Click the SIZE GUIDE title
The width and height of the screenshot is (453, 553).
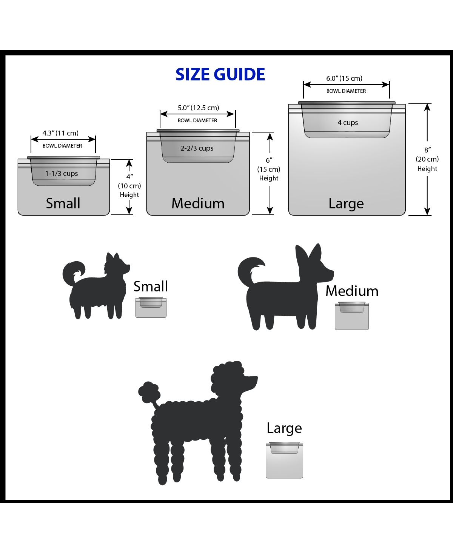point(220,75)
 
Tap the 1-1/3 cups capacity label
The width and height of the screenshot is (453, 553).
point(62,174)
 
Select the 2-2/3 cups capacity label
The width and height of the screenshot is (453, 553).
point(197,148)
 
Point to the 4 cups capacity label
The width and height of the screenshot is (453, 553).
point(348,123)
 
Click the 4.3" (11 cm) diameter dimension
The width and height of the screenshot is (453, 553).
point(60,133)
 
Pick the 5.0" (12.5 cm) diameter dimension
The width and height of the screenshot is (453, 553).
point(198,108)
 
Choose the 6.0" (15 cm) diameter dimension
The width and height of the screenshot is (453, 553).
point(344,79)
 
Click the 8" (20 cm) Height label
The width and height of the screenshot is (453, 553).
point(427,159)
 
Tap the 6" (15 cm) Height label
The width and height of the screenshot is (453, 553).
point(269,169)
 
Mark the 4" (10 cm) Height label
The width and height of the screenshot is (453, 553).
point(129,186)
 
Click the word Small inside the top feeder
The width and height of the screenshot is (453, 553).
point(63,203)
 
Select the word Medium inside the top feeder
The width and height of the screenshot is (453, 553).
point(198,203)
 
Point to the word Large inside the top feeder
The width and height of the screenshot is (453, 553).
point(346,203)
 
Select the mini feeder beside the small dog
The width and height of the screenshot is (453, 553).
point(151,307)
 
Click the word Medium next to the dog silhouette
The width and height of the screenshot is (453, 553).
point(352,291)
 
